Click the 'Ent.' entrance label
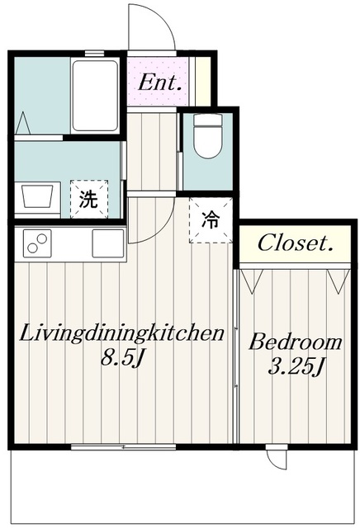click(x=159, y=82)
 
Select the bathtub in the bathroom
click(x=97, y=96)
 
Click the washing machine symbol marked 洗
click(x=88, y=199)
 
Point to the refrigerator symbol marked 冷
click(x=211, y=220)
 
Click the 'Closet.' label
click(x=296, y=243)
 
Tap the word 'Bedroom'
click(x=296, y=342)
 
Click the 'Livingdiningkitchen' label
click(x=123, y=334)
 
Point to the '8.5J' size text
click(x=122, y=361)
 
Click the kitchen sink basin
click(x=107, y=243)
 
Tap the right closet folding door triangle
click(x=336, y=280)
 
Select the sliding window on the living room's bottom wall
click(x=124, y=447)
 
